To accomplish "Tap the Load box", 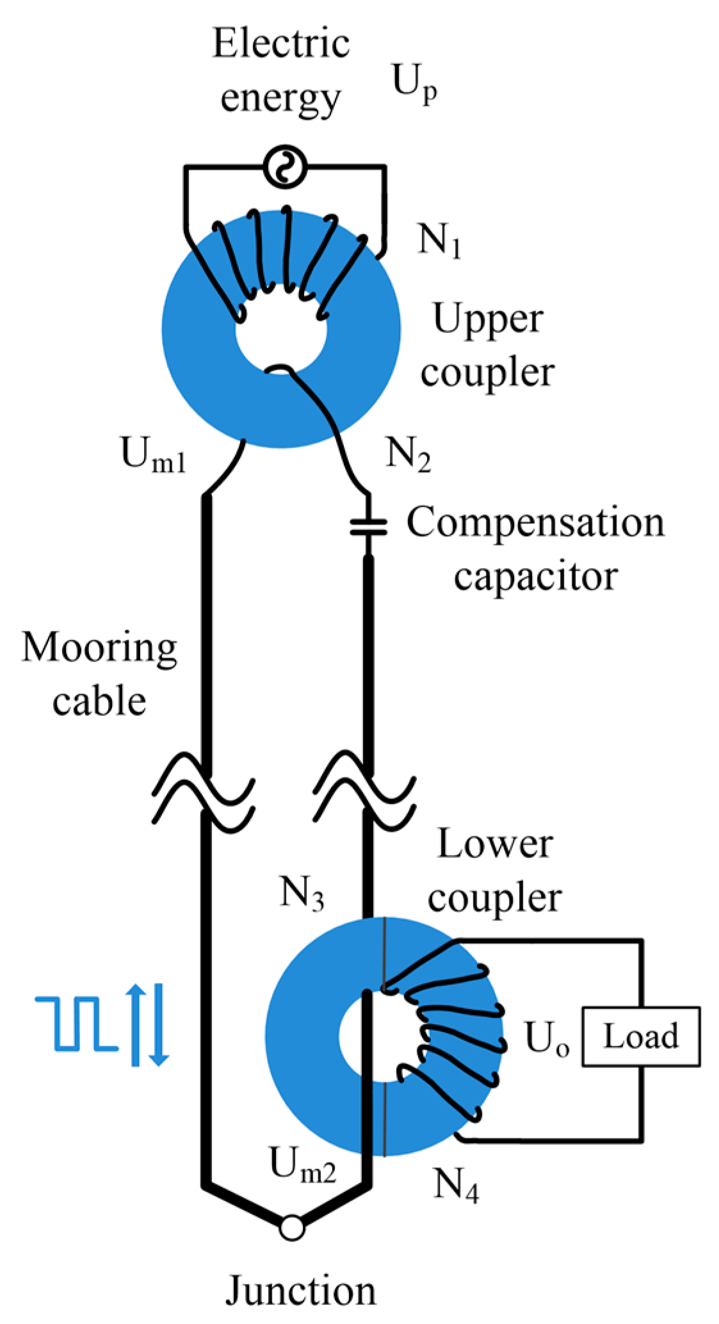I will (x=640, y=1037).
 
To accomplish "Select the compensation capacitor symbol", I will (x=368, y=527).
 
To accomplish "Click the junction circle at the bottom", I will (x=292, y=1228).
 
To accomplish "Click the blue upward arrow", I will (x=135, y=1024).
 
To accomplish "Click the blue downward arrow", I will (x=159, y=1025).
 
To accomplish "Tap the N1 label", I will (x=440, y=240).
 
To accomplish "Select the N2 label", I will (x=408, y=454).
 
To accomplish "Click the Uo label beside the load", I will (x=546, y=1038).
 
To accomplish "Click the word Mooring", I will (x=100, y=648).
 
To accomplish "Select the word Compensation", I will (x=535, y=522).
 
